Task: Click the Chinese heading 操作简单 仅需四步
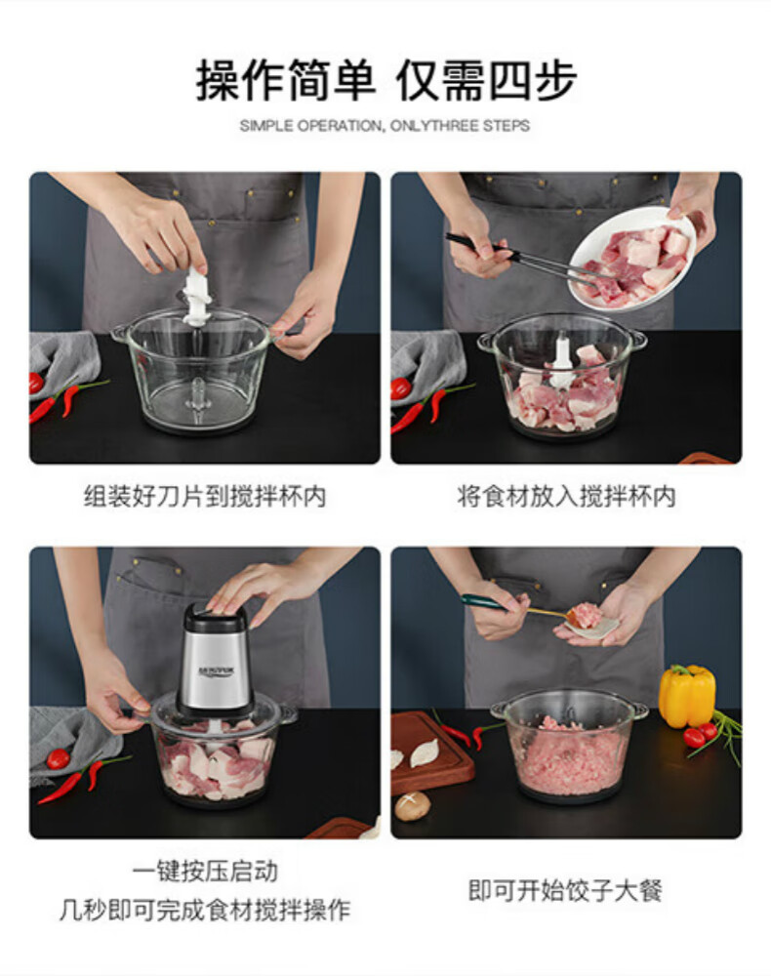[385, 80]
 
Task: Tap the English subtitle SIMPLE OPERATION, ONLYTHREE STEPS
[385, 126]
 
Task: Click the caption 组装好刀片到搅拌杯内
[205, 497]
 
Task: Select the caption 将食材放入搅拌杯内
[566, 497]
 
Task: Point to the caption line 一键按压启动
[205, 871]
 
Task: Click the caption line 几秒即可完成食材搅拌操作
[205, 910]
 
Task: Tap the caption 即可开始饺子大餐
[565, 890]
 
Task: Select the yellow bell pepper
[686, 695]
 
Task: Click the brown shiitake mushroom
[412, 805]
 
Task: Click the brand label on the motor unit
[214, 671]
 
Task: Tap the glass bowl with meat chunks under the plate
[561, 376]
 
